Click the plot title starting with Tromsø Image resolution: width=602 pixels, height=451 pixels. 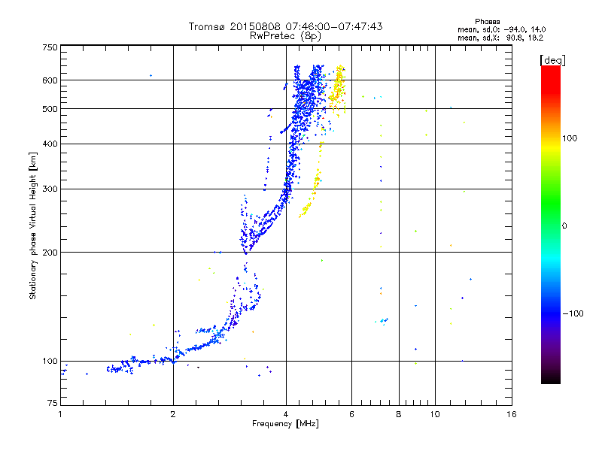click(x=285, y=26)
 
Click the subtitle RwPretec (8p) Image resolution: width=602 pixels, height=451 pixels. click(x=285, y=36)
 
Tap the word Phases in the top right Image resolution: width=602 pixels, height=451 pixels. click(x=487, y=22)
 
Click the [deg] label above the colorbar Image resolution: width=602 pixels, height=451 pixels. click(x=552, y=60)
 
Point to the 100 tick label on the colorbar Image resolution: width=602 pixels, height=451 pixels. click(x=570, y=138)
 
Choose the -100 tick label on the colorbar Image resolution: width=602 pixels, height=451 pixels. click(x=573, y=313)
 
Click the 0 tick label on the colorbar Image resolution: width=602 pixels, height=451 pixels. click(x=564, y=226)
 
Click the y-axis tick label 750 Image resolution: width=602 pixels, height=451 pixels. click(x=50, y=47)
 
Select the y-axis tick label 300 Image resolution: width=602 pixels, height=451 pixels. click(x=50, y=189)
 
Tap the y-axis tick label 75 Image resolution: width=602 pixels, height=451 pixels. click(x=53, y=403)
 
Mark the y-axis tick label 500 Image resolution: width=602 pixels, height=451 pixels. click(x=50, y=108)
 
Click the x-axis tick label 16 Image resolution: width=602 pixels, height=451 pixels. click(x=512, y=414)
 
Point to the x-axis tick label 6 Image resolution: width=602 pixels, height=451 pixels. click(x=351, y=414)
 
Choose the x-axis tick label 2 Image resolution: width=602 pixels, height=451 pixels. click(x=173, y=414)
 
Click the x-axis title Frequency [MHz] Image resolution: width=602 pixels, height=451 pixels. click(x=285, y=424)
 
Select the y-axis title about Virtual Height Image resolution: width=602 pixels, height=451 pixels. click(x=33, y=225)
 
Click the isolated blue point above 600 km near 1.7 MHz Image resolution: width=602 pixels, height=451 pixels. click(x=151, y=76)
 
